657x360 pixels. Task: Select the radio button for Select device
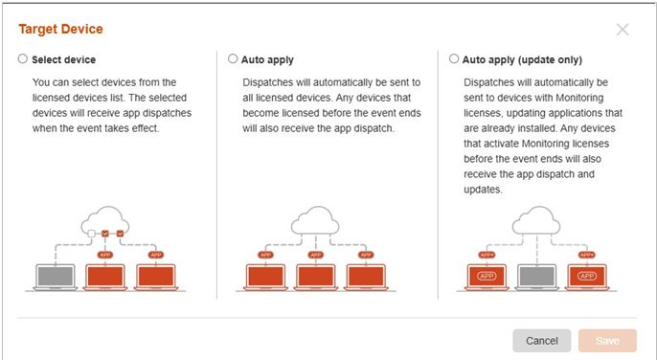coord(23,58)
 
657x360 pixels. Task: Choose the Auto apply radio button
coord(233,58)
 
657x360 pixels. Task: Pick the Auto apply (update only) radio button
coord(454,58)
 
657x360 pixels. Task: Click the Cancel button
coord(541,340)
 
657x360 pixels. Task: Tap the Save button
coord(607,340)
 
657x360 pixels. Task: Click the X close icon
coord(623,30)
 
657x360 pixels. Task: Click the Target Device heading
coord(60,29)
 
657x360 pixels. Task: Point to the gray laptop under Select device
coord(56,277)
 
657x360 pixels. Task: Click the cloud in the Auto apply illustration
coord(315,220)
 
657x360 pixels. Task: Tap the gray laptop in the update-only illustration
coord(536,277)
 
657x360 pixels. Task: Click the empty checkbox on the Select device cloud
coord(91,234)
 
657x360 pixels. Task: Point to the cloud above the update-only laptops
coord(536,220)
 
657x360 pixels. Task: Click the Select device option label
coord(63,60)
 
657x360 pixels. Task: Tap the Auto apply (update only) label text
coord(522,60)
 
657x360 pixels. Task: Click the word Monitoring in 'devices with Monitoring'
coord(579,98)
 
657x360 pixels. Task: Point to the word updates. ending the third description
coord(483,190)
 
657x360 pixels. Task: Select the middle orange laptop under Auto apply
coord(315,277)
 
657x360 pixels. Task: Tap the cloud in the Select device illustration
coord(104,220)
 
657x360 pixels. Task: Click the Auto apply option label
coord(267,60)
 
